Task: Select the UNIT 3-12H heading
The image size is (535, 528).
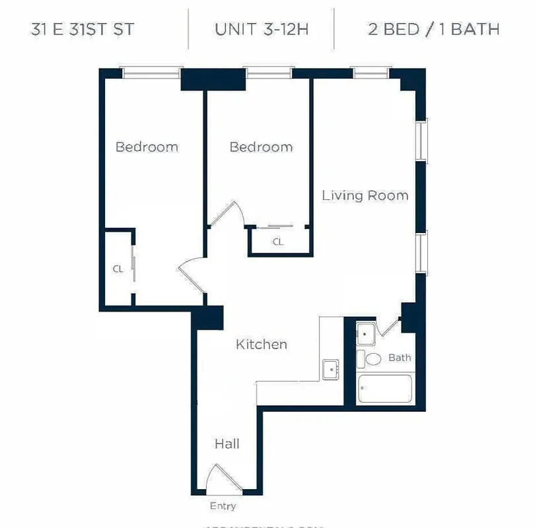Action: pyautogui.click(x=261, y=30)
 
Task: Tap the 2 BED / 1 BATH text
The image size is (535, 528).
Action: pyautogui.click(x=433, y=30)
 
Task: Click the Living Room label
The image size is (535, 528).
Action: pyautogui.click(x=365, y=196)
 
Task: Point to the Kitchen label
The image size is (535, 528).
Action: pyautogui.click(x=262, y=345)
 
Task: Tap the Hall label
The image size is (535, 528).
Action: pyautogui.click(x=227, y=444)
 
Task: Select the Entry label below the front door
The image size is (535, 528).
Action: pyautogui.click(x=223, y=506)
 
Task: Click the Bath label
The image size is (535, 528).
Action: pyautogui.click(x=399, y=358)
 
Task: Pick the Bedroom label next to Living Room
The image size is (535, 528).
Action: pyautogui.click(x=261, y=147)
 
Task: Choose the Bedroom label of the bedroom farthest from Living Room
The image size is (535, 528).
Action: pyautogui.click(x=147, y=147)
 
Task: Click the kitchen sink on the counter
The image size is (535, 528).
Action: pyautogui.click(x=330, y=369)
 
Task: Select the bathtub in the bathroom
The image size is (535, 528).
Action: pyautogui.click(x=384, y=389)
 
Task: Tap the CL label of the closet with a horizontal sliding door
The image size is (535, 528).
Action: pyautogui.click(x=278, y=242)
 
